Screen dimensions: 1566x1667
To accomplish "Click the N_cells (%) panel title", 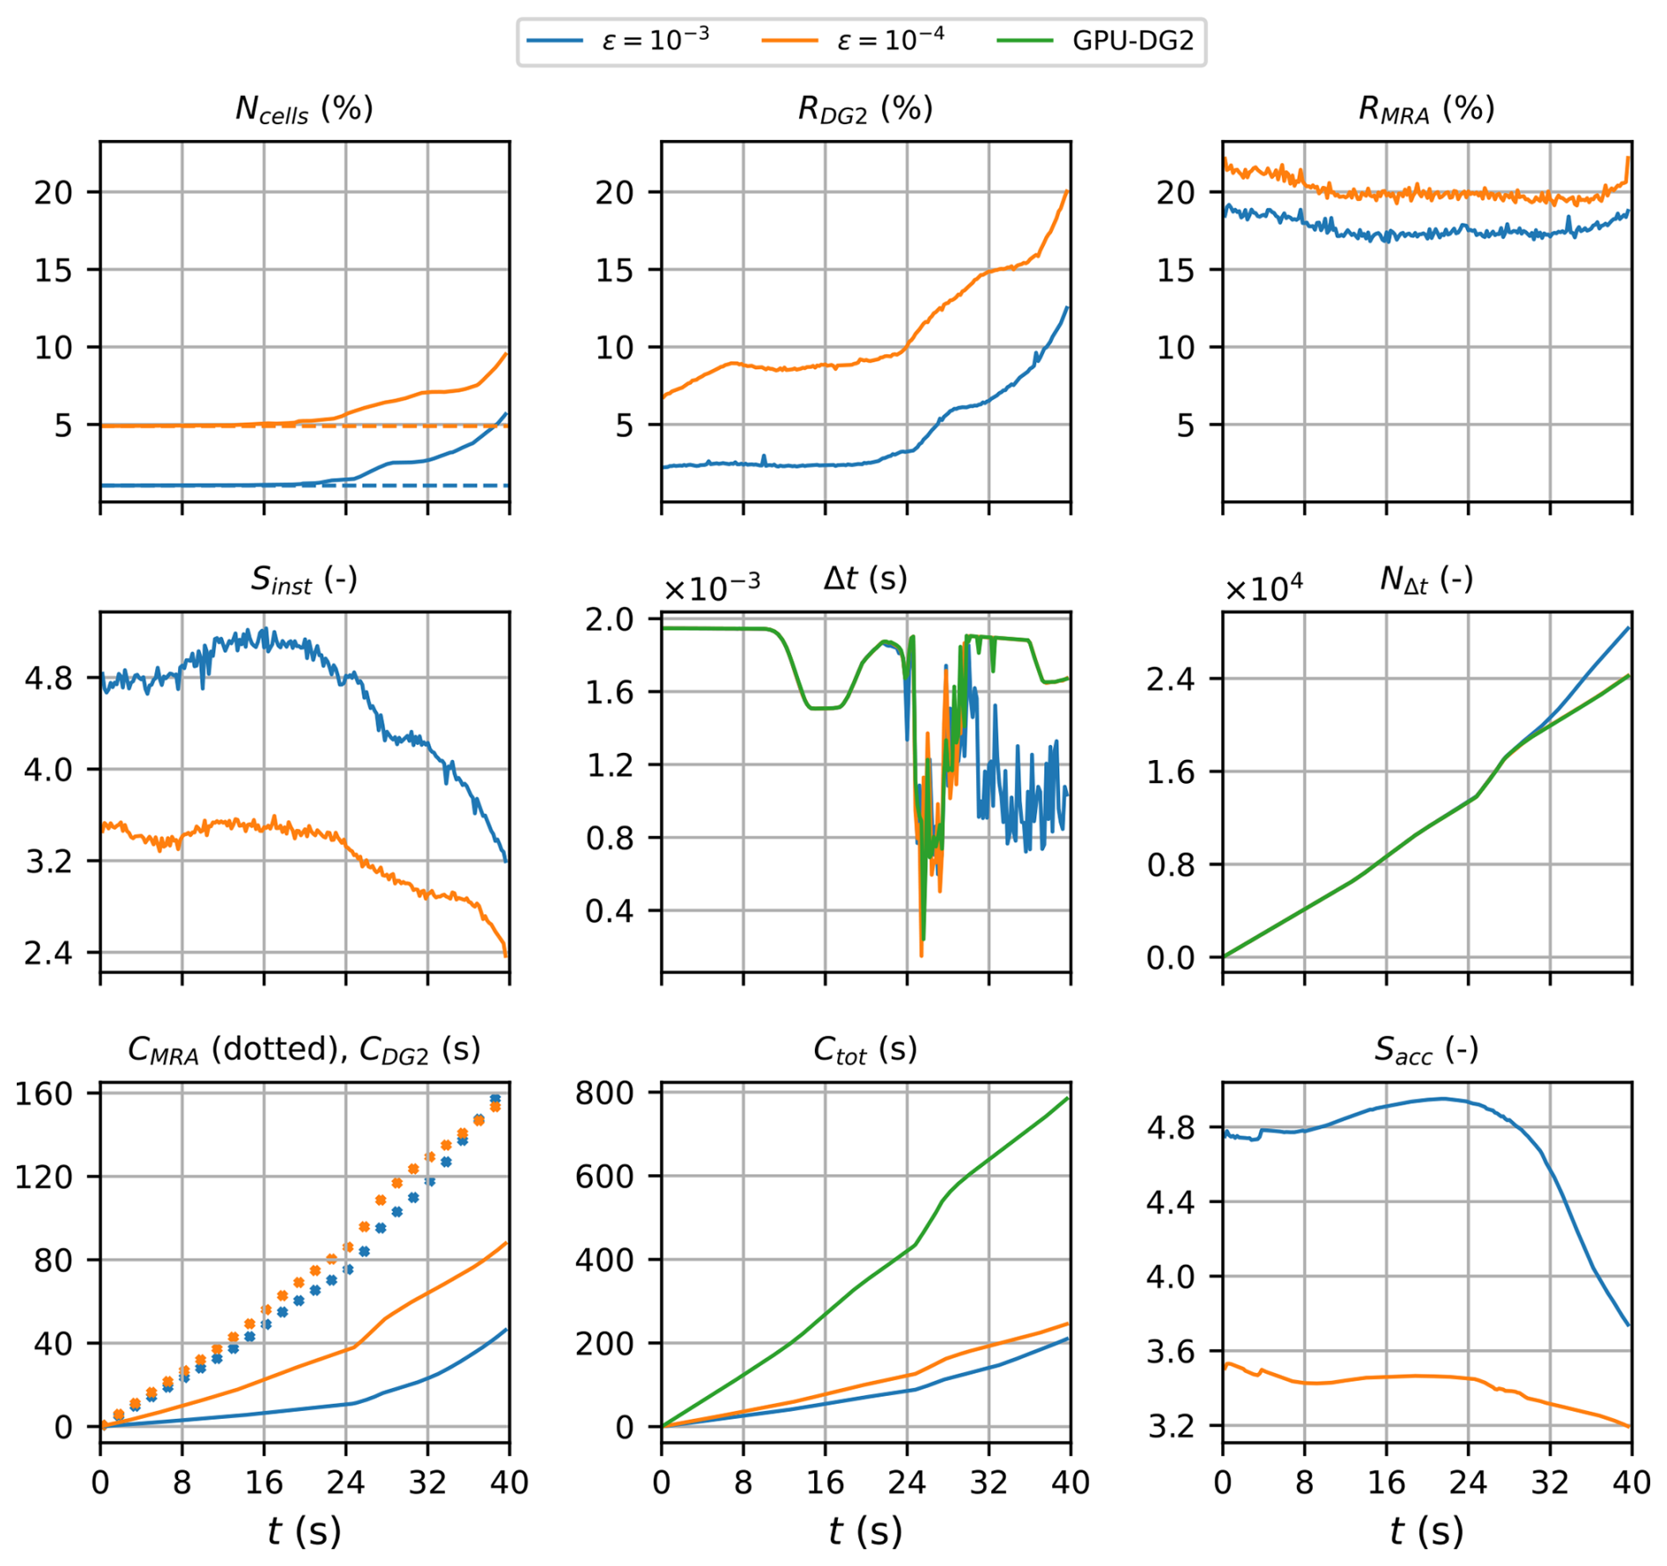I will (304, 109).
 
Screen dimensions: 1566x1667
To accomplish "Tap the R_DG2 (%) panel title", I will (865, 109).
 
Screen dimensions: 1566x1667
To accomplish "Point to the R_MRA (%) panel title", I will (1426, 109).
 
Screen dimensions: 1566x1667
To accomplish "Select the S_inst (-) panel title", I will (304, 580).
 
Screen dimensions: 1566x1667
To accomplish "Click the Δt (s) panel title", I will (865, 579).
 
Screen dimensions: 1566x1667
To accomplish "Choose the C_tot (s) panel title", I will (865, 1050).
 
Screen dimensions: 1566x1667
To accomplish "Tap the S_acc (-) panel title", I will (1426, 1050).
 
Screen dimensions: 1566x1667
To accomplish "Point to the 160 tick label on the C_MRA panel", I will (43, 1094).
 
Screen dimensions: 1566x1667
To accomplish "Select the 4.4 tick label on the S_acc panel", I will (1170, 1201).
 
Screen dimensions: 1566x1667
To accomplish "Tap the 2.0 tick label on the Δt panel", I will (609, 620).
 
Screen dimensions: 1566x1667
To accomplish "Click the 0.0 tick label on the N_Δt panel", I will (1170, 957).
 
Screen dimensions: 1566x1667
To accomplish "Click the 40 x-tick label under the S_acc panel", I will (1631, 1482).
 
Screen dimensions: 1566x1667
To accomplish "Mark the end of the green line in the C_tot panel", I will (1069, 1097).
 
